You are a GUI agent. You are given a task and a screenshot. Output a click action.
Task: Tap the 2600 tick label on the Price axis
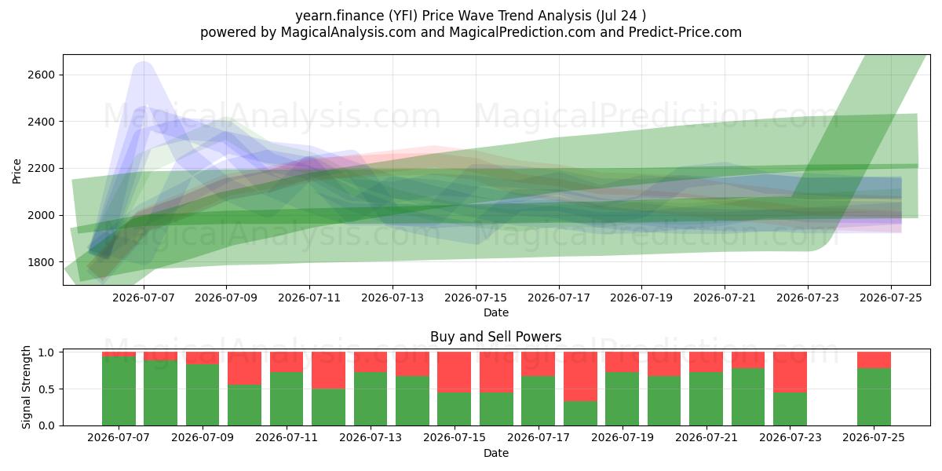(x=42, y=75)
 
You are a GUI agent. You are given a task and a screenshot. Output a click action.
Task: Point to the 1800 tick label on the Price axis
(x=42, y=262)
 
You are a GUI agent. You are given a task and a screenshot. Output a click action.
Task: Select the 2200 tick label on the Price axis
(x=42, y=169)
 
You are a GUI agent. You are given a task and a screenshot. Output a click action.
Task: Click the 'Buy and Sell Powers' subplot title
(x=496, y=337)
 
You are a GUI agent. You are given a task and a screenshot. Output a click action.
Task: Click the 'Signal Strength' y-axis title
(x=26, y=387)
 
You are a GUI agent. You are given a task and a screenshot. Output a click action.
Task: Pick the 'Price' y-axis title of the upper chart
(x=16, y=171)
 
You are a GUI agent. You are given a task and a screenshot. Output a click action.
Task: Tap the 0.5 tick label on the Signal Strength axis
(x=46, y=389)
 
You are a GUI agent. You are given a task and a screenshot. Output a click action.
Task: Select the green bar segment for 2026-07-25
(x=874, y=397)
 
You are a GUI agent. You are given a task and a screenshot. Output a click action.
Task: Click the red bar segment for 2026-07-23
(x=790, y=372)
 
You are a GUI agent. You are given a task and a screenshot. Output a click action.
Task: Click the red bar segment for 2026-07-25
(x=874, y=360)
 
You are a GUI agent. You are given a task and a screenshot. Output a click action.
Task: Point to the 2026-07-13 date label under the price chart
(x=392, y=298)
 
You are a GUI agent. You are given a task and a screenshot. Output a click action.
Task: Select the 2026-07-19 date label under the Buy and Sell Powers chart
(x=623, y=438)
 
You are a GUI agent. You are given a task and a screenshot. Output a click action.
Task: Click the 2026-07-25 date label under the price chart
(x=891, y=298)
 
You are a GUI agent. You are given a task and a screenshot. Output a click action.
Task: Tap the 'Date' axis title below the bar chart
(x=496, y=453)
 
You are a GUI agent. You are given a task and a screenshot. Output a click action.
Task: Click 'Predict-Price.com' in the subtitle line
(x=685, y=32)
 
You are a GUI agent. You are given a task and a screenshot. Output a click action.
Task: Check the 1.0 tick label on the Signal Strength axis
(x=46, y=352)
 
